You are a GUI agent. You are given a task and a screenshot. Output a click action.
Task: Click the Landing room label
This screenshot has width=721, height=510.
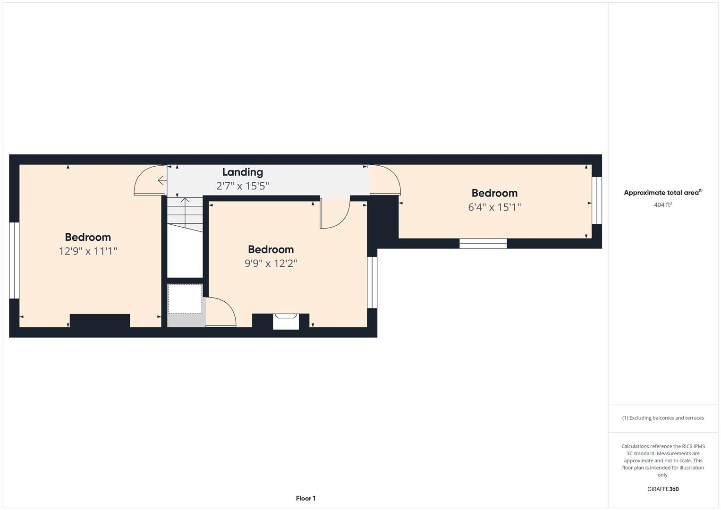(242, 172)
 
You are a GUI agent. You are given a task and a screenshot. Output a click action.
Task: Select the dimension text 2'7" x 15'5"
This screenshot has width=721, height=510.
(242, 186)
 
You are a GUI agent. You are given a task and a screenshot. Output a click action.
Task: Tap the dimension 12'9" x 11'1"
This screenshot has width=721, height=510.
(88, 251)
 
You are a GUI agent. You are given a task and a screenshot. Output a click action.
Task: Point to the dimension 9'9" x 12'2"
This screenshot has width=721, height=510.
(271, 263)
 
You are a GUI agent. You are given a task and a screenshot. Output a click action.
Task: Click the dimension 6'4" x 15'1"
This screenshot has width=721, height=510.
(494, 207)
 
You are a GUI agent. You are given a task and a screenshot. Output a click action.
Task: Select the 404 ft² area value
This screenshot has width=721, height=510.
(663, 204)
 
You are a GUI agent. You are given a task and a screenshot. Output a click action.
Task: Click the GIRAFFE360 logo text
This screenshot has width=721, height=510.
(663, 489)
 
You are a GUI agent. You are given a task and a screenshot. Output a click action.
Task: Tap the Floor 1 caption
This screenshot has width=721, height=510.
(305, 498)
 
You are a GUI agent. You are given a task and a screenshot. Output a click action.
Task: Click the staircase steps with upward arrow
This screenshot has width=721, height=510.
(185, 214)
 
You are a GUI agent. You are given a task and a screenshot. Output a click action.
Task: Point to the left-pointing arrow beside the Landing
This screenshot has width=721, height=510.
(162, 180)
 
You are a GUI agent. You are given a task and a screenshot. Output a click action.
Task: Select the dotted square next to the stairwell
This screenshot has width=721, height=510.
(185, 299)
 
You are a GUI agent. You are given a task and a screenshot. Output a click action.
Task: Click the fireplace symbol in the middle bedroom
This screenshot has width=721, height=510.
(286, 321)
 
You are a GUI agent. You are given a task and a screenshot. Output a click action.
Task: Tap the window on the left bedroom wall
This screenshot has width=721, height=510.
(14, 260)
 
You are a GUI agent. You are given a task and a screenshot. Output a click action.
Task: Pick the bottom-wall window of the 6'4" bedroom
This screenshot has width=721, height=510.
(483, 243)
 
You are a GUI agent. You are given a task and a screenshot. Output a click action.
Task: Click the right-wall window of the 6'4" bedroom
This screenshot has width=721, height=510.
(597, 200)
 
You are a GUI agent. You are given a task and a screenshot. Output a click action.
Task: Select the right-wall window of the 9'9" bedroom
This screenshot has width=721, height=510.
(372, 282)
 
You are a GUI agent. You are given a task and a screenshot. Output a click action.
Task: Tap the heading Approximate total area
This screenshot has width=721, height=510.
(663, 193)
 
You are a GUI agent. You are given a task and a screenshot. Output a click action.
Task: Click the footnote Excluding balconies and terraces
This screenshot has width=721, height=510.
(663, 418)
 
